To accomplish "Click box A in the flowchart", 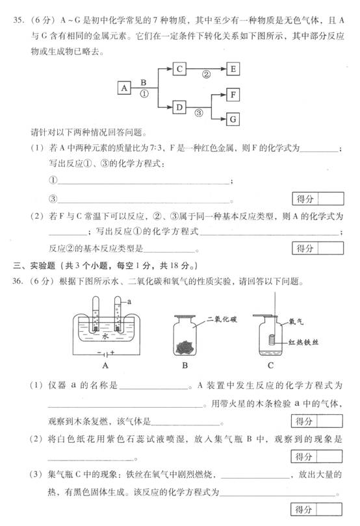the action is pyautogui.click(x=124, y=88).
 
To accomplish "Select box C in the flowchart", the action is pyautogui.click(x=179, y=69).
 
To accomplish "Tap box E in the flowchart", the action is pyautogui.click(x=233, y=69).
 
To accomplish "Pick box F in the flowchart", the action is pyautogui.click(x=233, y=95).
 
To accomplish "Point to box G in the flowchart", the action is pyautogui.click(x=233, y=119).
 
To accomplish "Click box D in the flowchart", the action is pyautogui.click(x=179, y=107).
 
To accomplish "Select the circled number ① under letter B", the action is pyautogui.click(x=144, y=94).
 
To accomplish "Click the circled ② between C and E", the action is pyautogui.click(x=206, y=74).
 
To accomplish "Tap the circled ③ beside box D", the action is pyautogui.click(x=199, y=113).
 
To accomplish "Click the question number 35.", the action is pyautogui.click(x=18, y=19).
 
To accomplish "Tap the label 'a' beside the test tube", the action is pyautogui.click(x=129, y=301).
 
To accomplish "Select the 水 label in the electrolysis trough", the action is pyautogui.click(x=106, y=336).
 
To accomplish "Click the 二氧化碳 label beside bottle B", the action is pyautogui.click(x=222, y=319).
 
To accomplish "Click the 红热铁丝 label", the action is pyautogui.click(x=303, y=342).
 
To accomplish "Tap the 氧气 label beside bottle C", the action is pyautogui.click(x=296, y=321).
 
